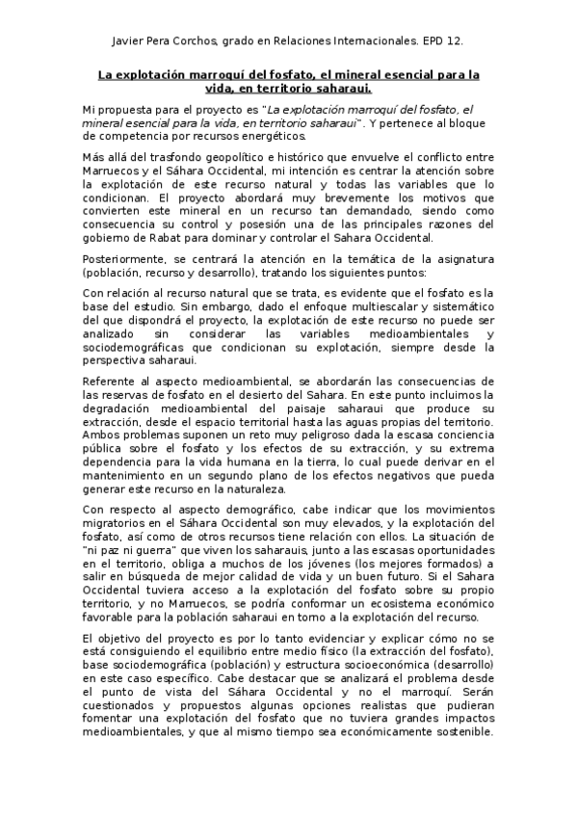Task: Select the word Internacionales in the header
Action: pyautogui.click(x=364, y=42)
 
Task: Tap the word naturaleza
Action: pyautogui.click(x=266, y=488)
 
